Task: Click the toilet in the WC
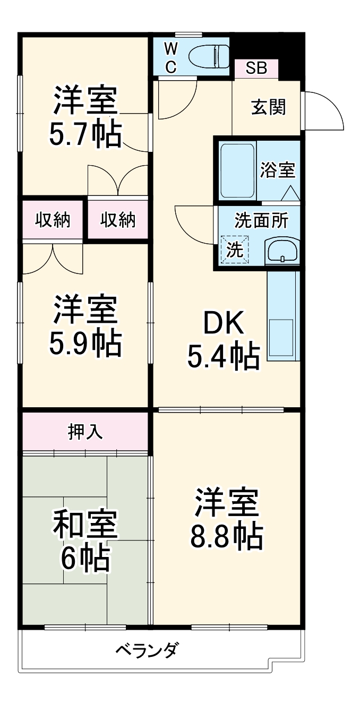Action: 209,55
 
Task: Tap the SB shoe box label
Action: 256,68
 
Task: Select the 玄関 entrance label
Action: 268,107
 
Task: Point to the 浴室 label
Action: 277,171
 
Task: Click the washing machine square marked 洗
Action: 235,250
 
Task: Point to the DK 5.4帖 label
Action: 223,340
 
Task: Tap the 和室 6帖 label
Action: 85,540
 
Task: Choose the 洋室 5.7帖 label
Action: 85,117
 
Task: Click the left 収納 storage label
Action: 53,219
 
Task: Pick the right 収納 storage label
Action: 118,219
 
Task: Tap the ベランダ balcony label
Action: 147,649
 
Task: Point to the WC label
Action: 170,57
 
